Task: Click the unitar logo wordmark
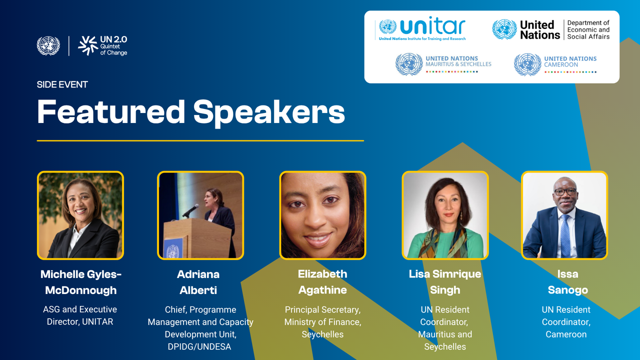(433, 26)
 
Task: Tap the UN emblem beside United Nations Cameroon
(527, 64)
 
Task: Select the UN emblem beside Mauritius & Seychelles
(409, 64)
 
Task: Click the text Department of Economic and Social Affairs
(588, 29)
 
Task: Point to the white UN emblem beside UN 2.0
(48, 45)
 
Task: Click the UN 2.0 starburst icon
(88, 45)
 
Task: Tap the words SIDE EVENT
(62, 84)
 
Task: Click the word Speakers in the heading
(269, 112)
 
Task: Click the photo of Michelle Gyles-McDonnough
(80, 215)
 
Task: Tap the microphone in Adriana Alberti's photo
(190, 210)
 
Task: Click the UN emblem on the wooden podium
(173, 251)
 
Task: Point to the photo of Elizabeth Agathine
(322, 215)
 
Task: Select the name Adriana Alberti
(198, 282)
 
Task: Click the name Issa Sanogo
(567, 282)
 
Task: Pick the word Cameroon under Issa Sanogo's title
(566, 334)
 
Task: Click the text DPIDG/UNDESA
(199, 346)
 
